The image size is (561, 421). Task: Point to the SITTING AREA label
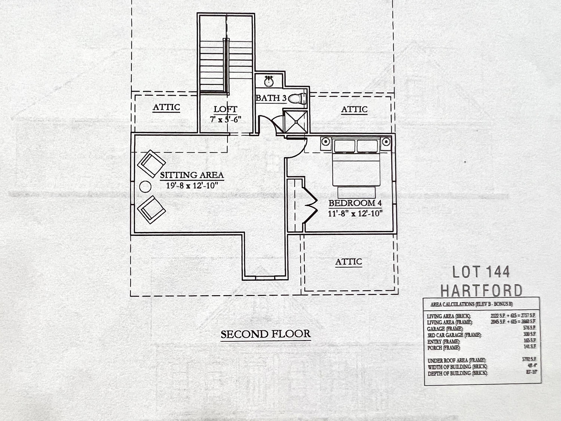(192, 175)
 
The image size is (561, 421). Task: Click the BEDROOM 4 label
(355, 203)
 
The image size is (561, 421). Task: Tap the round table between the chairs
(145, 187)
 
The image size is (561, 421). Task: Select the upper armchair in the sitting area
(151, 164)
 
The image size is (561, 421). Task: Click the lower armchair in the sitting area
(151, 210)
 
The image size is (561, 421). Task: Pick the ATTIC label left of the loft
(166, 107)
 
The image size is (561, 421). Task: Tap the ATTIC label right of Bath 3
(354, 109)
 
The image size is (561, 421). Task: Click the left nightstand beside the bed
(326, 142)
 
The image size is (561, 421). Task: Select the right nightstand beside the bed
(386, 142)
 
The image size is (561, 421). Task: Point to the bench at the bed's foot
(356, 192)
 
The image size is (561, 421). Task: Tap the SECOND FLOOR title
(266, 334)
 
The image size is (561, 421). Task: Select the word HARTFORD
(481, 291)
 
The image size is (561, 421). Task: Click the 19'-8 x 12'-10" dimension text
(192, 186)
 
